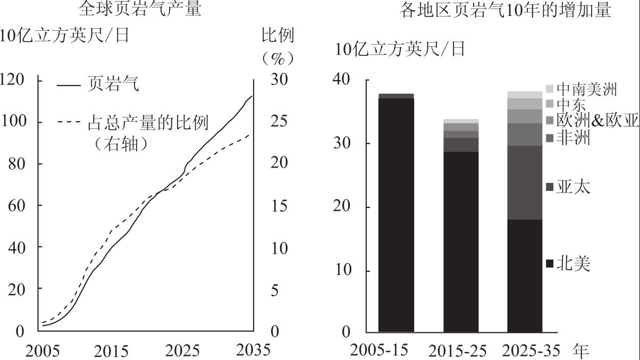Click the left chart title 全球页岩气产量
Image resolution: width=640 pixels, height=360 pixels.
click(140, 9)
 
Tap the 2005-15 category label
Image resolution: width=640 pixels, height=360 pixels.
click(379, 350)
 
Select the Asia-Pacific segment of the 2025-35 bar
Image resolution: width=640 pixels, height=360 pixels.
click(525, 182)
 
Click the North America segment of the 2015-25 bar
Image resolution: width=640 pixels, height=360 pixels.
click(461, 241)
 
